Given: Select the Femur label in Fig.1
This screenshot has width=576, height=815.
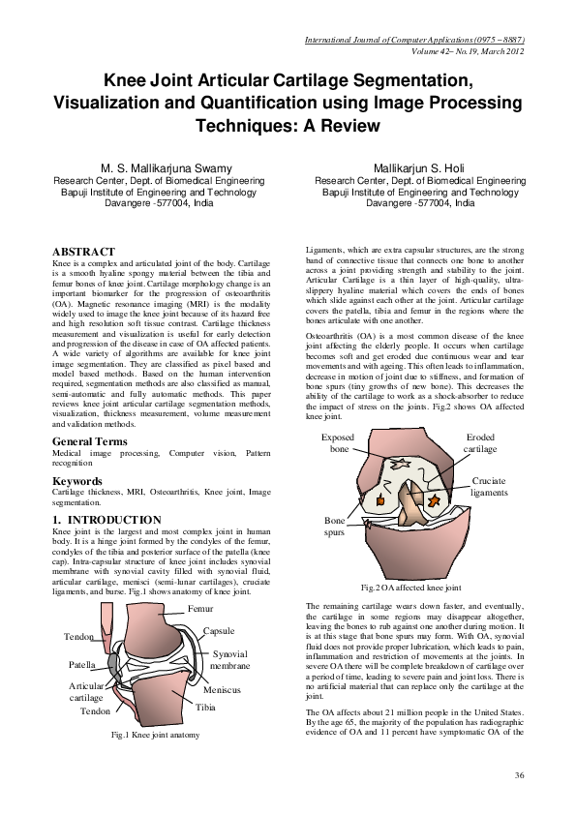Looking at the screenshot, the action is coord(199,609).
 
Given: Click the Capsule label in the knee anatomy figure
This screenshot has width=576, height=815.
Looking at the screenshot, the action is coord(218,631).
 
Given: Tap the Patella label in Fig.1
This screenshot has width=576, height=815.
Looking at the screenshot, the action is coord(81,666).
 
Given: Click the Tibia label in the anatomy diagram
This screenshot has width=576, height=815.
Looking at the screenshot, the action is coord(205,708).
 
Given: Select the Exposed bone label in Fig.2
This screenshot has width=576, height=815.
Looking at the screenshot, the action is coord(339,443).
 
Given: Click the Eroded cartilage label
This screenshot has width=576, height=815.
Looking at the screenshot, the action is coord(480,443).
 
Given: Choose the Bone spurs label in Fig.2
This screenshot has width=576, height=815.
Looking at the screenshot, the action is coord(335,527).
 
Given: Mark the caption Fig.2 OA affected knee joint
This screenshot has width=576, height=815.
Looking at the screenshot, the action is coord(410,588).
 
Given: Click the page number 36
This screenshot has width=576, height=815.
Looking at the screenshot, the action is coord(519,775).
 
